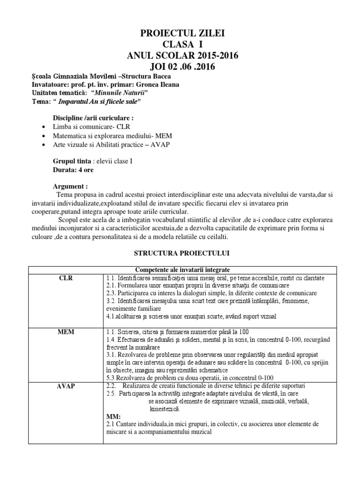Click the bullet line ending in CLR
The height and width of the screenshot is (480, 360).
coord(88,127)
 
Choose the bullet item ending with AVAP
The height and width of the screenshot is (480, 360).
coord(108,144)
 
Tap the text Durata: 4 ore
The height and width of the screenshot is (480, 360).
coord(69,170)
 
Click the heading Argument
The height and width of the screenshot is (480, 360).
coord(70,186)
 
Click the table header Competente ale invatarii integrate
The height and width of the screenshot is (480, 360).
coord(182,269)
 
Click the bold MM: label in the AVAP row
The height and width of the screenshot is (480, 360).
coord(113,416)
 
